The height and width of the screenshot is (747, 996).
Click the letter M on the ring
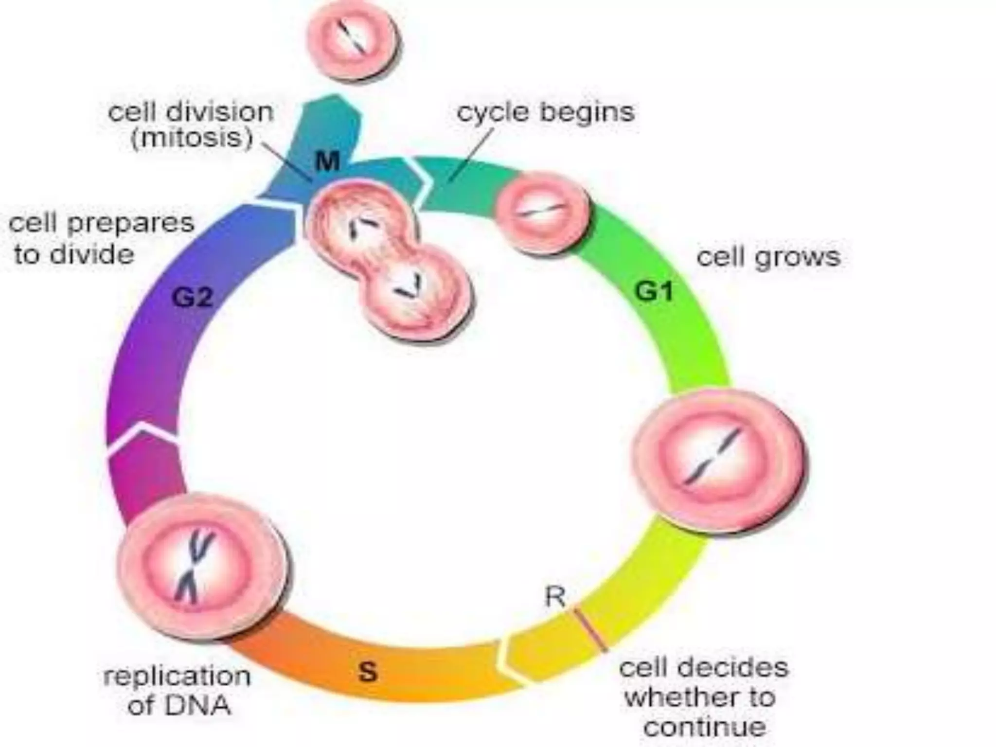[x=327, y=161]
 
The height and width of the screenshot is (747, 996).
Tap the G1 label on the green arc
[x=654, y=291]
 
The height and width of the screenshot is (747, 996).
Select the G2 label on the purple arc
[x=193, y=297]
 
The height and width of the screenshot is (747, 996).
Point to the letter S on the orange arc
[x=367, y=672]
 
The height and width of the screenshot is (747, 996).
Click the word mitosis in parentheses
[x=192, y=138]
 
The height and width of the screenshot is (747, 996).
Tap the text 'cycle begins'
[x=546, y=112]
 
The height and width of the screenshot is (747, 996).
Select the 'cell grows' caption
[x=768, y=257]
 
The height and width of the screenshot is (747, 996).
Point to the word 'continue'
[x=705, y=728]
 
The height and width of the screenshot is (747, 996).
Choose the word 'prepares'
[x=130, y=223]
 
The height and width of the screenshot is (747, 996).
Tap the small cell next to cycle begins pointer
[x=541, y=212]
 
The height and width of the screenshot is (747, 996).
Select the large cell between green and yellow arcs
[x=719, y=460]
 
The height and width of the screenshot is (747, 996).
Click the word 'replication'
[x=177, y=676]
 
